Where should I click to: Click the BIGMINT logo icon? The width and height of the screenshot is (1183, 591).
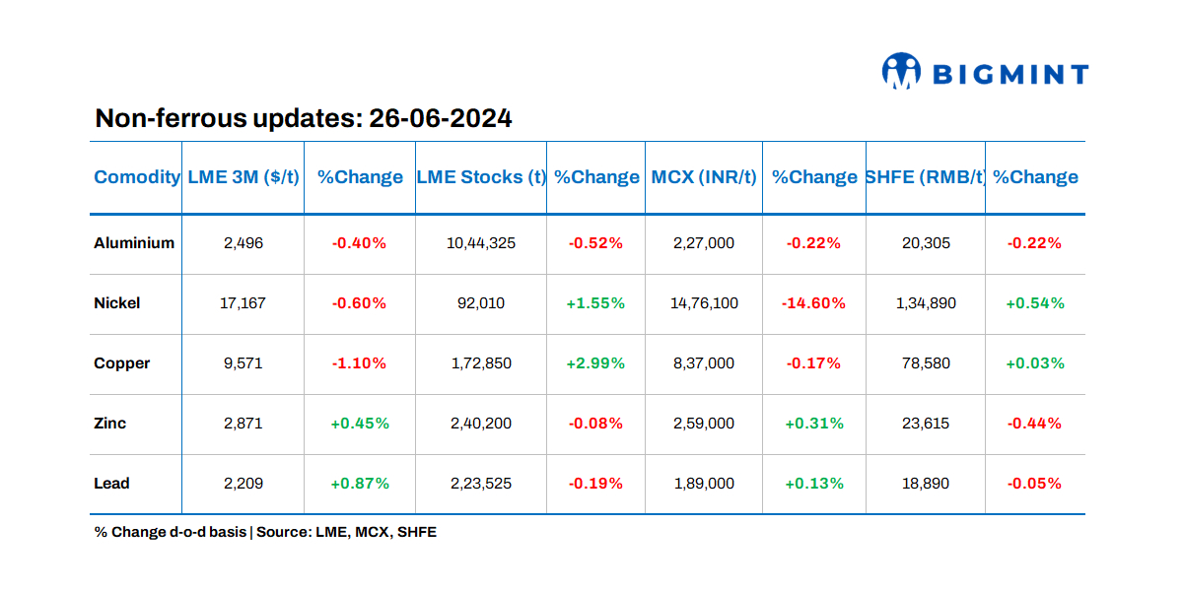(x=901, y=72)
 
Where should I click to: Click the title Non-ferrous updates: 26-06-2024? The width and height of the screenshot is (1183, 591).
(x=303, y=119)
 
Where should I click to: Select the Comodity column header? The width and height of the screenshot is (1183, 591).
(x=137, y=177)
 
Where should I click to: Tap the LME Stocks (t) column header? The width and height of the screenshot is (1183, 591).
(x=481, y=177)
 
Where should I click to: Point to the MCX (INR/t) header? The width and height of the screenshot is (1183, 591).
(x=704, y=177)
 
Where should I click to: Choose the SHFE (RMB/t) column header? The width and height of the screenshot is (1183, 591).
(x=926, y=177)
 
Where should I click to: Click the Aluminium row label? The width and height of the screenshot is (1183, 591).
(x=134, y=243)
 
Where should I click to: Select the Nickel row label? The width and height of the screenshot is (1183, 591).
(x=117, y=303)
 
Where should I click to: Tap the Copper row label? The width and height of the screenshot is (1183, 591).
(x=122, y=363)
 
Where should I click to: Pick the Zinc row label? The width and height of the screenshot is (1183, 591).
(x=110, y=424)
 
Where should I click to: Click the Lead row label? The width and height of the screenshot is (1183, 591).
(x=112, y=484)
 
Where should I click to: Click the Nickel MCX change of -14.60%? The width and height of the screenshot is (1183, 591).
(x=813, y=303)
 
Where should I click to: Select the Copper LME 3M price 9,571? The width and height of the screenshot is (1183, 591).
(x=243, y=363)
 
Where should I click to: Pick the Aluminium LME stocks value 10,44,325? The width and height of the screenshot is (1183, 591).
(x=481, y=243)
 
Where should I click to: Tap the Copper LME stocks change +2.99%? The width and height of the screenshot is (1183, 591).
(x=595, y=363)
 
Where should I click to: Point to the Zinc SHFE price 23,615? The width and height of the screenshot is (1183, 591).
(x=926, y=424)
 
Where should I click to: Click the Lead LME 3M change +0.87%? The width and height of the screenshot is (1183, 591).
(x=360, y=484)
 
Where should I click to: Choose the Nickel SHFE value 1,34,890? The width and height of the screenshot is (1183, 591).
(x=926, y=303)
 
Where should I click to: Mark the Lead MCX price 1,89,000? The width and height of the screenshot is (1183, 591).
(x=704, y=484)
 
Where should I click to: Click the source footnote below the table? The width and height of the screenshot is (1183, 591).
(x=265, y=532)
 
